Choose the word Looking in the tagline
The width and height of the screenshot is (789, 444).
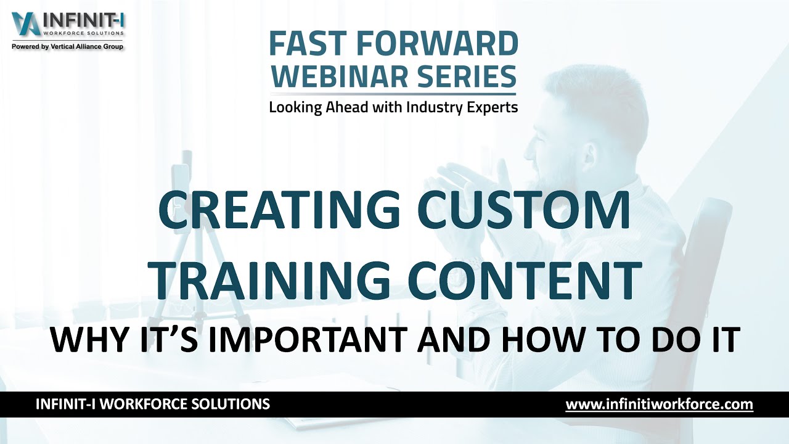pos(295,107)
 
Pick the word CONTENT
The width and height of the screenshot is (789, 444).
pos(524,281)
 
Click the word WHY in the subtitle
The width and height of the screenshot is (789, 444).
pos(86,340)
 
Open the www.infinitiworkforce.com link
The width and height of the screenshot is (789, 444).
pos(659,405)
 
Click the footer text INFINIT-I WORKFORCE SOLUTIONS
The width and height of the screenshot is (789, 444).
pos(153,405)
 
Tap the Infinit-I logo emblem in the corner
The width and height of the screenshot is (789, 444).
pos(25,24)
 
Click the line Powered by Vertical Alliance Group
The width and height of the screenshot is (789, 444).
pos(67,47)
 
